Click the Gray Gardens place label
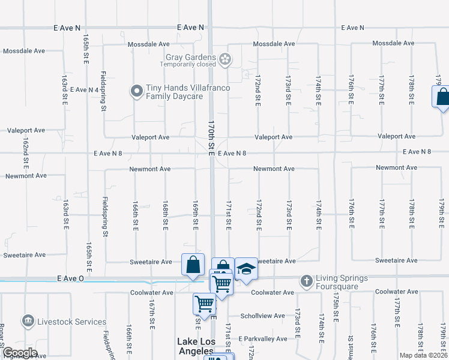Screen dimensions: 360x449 click(190, 58)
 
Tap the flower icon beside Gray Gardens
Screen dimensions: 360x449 click(225, 59)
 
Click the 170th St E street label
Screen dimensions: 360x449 click(211, 137)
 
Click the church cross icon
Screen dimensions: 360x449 click(306, 280)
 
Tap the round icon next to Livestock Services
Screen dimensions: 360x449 click(27, 322)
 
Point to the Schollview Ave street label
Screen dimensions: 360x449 click(262, 316)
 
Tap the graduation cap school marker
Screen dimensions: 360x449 click(246, 270)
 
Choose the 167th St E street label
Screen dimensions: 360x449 click(152, 312)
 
